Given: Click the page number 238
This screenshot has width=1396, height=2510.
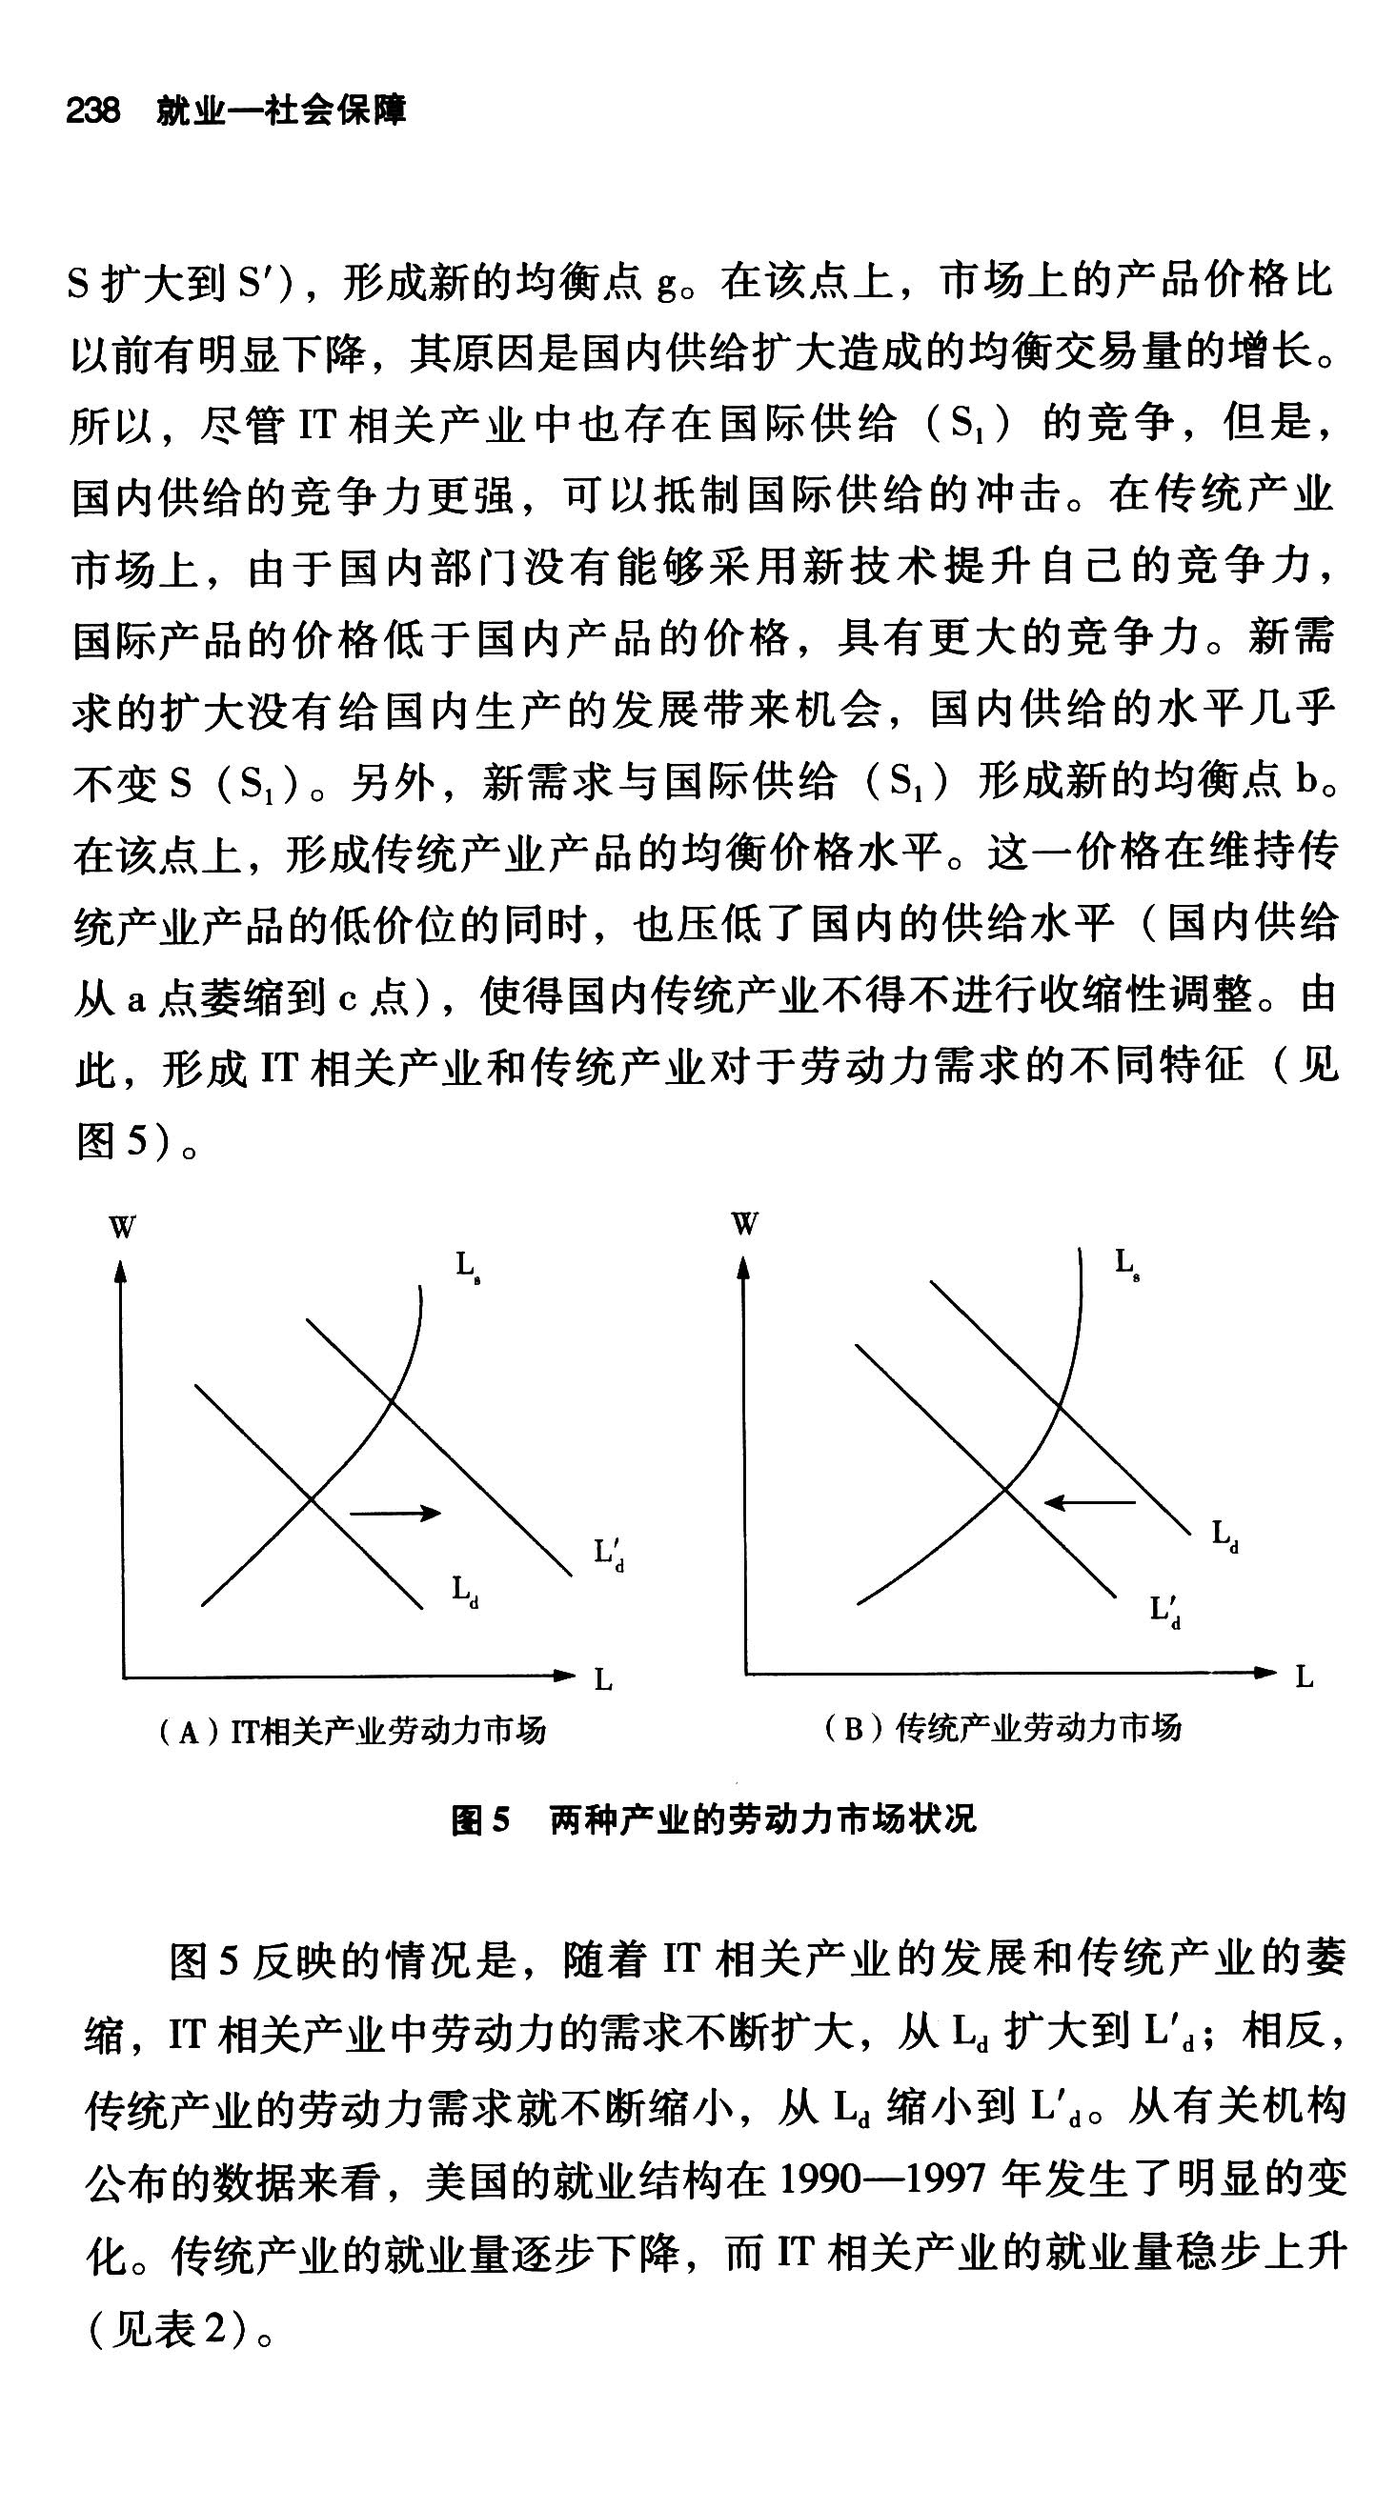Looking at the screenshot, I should (92, 111).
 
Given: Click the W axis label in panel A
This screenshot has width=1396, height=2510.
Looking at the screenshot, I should (122, 1227).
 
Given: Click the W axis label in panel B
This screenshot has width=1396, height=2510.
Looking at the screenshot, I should (745, 1224).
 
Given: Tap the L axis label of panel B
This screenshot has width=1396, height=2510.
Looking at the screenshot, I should (1305, 1677).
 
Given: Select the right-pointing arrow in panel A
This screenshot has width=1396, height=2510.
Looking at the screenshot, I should (395, 1513).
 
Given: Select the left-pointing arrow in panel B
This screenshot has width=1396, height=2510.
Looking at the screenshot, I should (1089, 1502).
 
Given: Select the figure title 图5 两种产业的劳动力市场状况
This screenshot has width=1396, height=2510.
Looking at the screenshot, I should (713, 1819).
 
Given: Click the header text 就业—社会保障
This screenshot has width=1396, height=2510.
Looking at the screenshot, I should (281, 111).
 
